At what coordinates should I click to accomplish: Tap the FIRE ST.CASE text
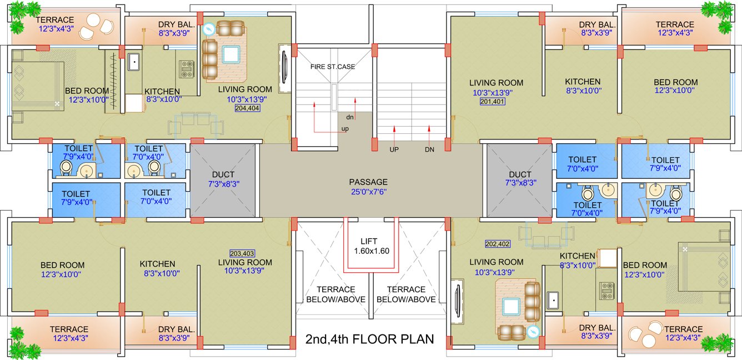click(333, 67)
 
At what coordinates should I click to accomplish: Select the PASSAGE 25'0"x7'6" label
click(368, 186)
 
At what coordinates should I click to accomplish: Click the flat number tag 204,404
click(247, 109)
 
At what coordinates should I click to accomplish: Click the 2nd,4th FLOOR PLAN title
click(369, 339)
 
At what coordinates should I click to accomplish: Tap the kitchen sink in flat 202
click(553, 300)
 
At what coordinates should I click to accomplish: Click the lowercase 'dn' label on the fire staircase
click(350, 117)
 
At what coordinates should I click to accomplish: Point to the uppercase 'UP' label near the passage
click(394, 149)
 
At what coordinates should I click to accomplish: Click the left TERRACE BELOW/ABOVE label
click(335, 294)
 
